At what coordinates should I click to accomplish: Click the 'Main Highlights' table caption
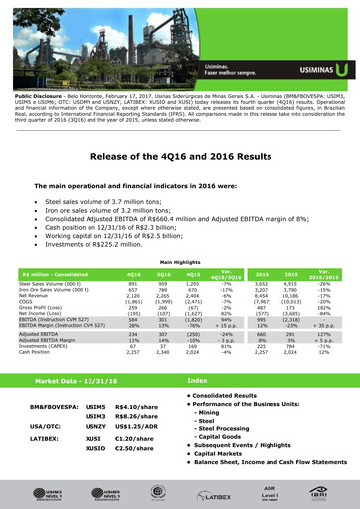tap(180, 261)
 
